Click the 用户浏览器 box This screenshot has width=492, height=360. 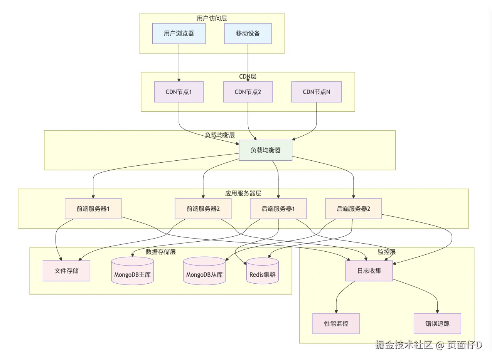click(179, 34)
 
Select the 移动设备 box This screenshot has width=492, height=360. click(248, 34)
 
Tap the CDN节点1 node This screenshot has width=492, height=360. click(179, 92)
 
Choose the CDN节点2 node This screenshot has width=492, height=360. click(248, 92)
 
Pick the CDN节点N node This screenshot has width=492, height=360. click(317, 92)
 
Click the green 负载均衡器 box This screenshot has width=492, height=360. click(266, 150)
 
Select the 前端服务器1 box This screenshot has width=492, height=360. click(93, 209)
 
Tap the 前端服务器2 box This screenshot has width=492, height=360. click(203, 209)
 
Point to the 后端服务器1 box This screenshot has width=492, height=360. click(278, 209)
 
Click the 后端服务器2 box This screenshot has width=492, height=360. click(354, 209)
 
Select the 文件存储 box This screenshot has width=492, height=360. click(66, 271)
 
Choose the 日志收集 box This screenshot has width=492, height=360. click(369, 271)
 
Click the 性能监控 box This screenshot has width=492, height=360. click(336, 323)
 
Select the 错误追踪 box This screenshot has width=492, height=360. click(437, 323)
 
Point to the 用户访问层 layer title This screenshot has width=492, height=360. click(212, 18)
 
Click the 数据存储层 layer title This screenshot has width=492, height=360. click(161, 252)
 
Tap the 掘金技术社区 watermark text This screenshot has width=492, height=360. click(404, 345)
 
